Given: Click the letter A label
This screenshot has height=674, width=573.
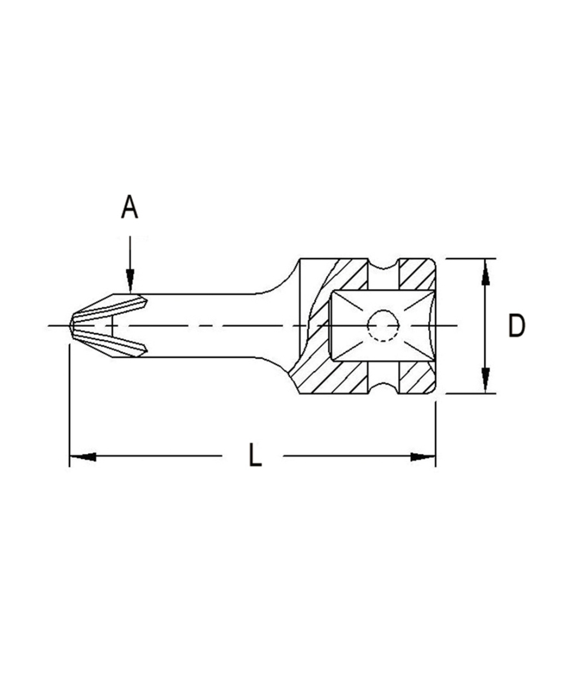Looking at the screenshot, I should click(129, 207).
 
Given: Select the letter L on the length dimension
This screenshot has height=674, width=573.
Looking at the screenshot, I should click(254, 456).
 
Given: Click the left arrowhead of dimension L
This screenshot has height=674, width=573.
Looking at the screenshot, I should click(82, 456).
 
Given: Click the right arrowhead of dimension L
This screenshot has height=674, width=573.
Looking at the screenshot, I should click(422, 456).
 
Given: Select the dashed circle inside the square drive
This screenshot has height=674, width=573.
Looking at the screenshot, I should click(383, 326).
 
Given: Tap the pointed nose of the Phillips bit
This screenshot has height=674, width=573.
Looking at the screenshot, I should click(72, 326).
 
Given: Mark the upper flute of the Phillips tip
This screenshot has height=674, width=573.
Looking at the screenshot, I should click(112, 306).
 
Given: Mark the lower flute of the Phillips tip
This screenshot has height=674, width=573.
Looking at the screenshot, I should click(112, 345).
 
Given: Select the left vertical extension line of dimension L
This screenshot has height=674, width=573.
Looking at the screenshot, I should click(69, 404).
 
